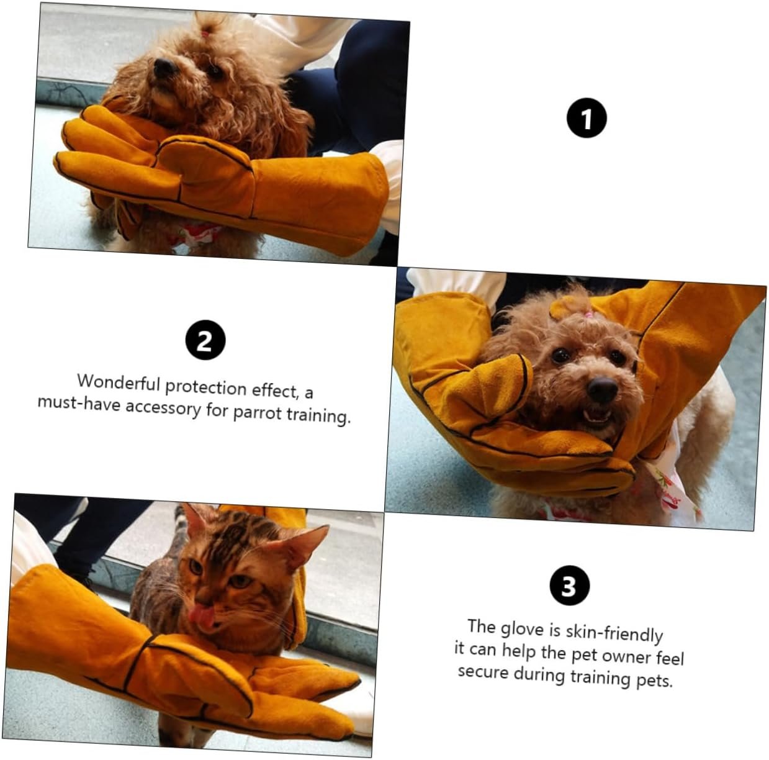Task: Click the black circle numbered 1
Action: pos(587,118)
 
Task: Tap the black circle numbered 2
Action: pos(205,340)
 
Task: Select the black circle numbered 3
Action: pos(569,586)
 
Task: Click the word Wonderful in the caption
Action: pos(119,383)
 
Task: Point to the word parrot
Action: pos(258,413)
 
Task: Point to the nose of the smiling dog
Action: pos(603,390)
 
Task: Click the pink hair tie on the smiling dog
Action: pos(588,315)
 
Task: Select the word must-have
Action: pos(79,402)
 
